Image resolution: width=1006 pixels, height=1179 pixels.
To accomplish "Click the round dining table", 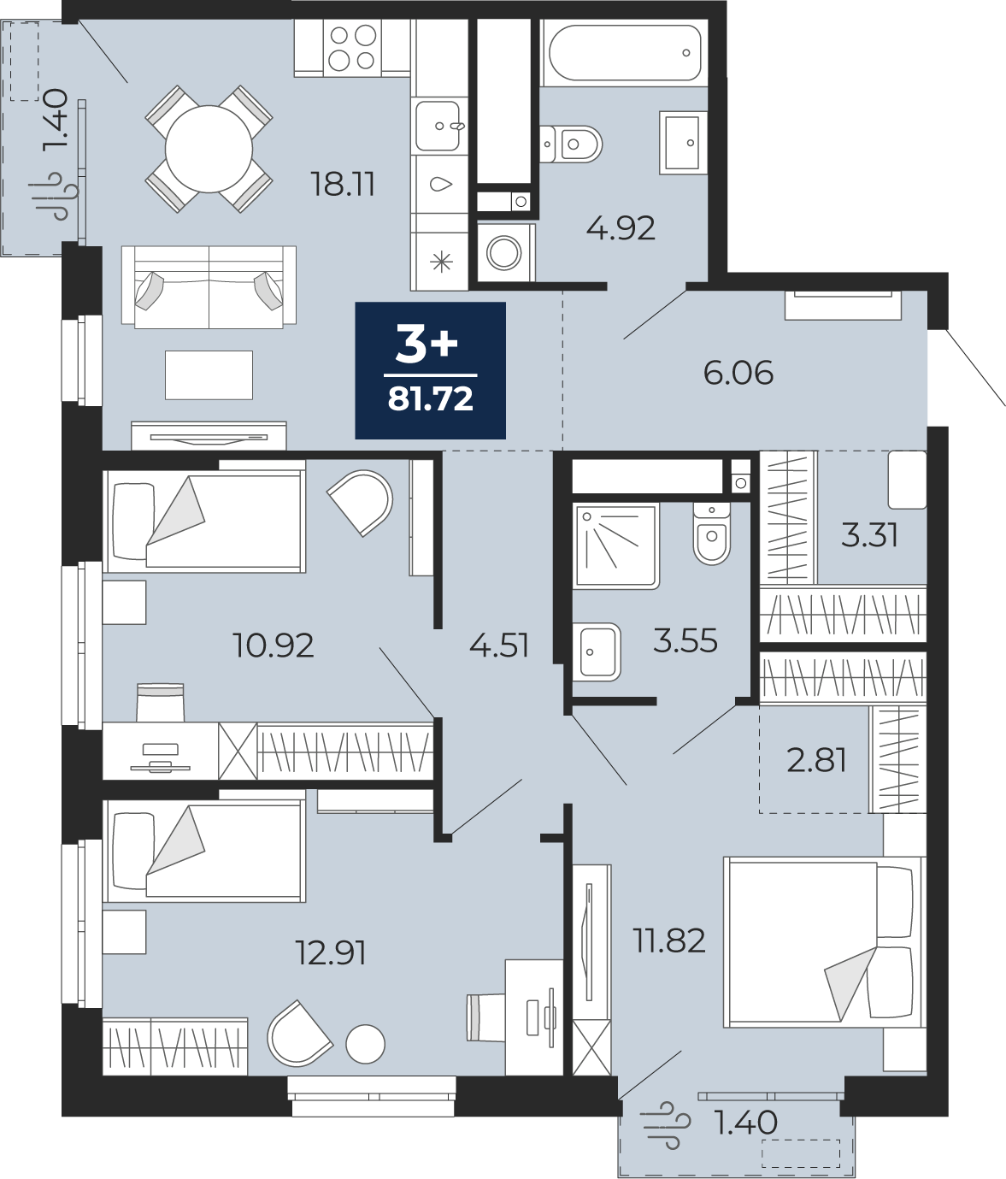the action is click(x=209, y=149).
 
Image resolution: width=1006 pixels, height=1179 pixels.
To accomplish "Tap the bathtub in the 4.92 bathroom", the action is click(x=625, y=52).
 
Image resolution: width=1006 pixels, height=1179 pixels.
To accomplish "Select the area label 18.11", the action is click(x=343, y=185).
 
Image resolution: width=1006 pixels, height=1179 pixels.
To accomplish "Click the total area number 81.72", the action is click(x=431, y=398).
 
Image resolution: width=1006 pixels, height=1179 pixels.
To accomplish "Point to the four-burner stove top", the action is click(x=352, y=48).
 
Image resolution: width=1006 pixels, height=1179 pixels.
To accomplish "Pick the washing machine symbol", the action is click(x=504, y=252).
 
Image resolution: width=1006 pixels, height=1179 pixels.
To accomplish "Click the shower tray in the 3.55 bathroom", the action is click(x=616, y=545).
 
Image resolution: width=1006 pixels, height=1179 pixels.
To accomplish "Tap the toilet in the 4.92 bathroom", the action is click(x=571, y=144).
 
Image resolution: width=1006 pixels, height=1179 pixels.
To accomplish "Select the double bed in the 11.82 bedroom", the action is click(x=824, y=941).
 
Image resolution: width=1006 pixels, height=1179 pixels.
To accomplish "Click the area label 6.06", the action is click(x=738, y=373).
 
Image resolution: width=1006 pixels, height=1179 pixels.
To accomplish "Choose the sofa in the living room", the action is click(x=209, y=287).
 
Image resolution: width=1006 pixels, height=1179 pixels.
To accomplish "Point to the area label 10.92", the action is click(x=274, y=646).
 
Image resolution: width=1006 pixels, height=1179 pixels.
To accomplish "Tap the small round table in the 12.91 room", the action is click(x=366, y=1044).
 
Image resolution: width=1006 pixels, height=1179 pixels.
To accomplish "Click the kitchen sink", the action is click(x=438, y=126).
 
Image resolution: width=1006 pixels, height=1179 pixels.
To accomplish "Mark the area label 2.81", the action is click(x=816, y=760).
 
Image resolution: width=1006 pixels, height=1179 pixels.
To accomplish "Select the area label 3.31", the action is click(x=870, y=535).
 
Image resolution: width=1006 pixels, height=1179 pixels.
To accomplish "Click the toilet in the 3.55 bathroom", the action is click(x=711, y=533).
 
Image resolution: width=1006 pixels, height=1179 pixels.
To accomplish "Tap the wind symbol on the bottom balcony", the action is click(x=666, y=1124).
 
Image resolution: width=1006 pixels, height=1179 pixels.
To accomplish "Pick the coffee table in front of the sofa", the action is click(x=209, y=375).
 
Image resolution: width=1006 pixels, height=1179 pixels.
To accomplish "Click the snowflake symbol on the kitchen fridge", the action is click(x=441, y=262).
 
